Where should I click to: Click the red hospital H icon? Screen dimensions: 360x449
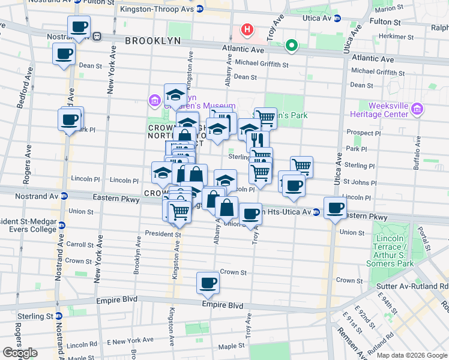246,29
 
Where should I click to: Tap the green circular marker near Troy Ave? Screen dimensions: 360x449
292,45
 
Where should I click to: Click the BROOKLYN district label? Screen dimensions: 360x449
152,41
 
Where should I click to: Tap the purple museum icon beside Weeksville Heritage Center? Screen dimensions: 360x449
418,109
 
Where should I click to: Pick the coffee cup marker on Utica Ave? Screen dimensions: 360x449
336,208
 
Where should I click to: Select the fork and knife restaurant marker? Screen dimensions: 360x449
258,140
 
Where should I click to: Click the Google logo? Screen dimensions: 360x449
20,353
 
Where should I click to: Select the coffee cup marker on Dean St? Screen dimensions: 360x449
64,54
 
